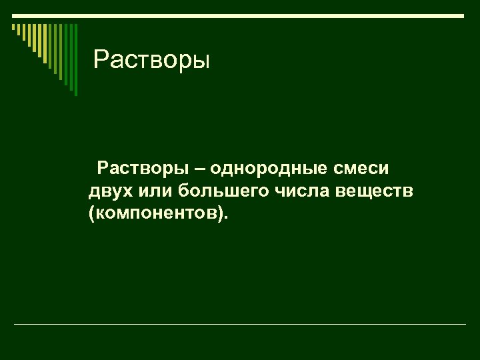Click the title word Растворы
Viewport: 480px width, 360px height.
point(152,60)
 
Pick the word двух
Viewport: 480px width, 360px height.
point(108,192)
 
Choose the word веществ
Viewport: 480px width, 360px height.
point(377,191)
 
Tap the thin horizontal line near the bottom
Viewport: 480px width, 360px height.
point(240,325)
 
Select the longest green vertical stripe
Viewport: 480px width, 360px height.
point(75,59)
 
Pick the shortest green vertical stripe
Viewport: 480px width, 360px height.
point(13,27)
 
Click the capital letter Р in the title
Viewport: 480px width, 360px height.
point(101,60)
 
